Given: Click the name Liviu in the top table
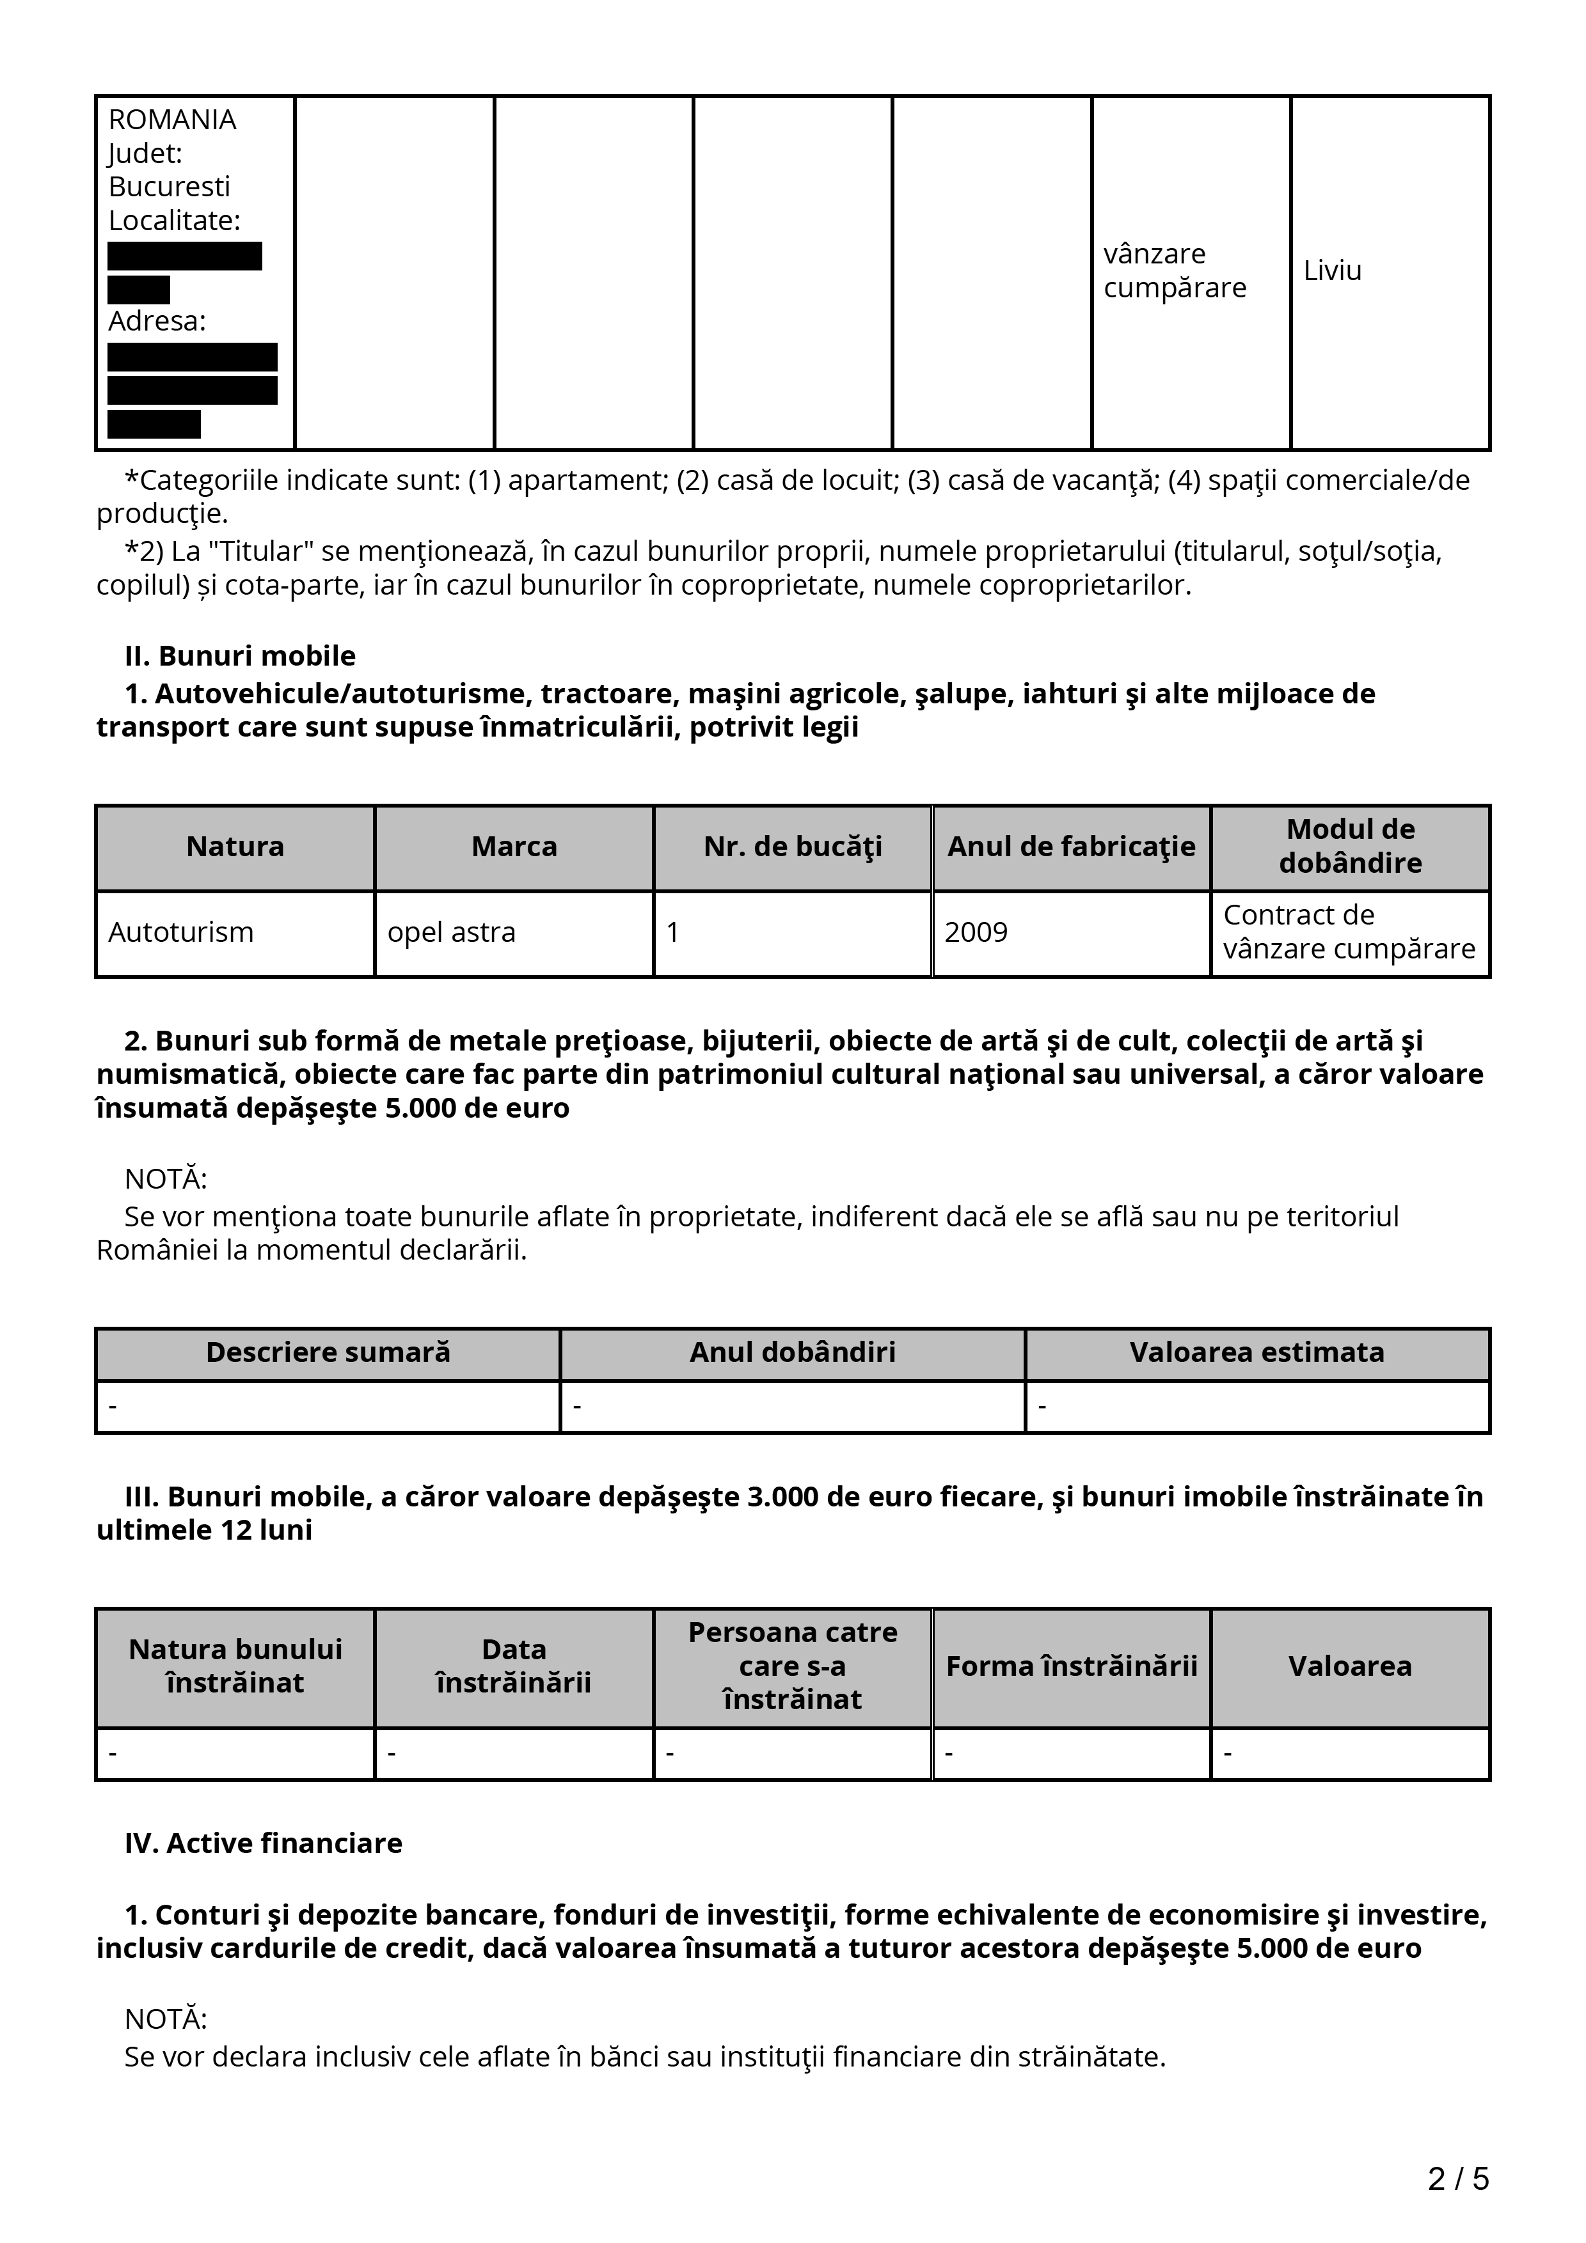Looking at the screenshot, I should point(1332,270).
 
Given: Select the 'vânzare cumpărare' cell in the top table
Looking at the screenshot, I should point(1175,270).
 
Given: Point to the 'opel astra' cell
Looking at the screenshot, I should point(452,932).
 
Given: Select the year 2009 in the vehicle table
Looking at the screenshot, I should point(975,932).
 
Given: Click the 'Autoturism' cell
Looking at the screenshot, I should point(181,932).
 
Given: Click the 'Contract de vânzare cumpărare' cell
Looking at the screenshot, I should point(1349,932).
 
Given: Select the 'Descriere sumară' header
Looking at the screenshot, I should point(328,1352).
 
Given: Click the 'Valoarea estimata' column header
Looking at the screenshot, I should point(1257,1352).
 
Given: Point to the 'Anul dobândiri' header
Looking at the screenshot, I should point(793,1352).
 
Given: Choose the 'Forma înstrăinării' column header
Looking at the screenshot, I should point(1071,1666).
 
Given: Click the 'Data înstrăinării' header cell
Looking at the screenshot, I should point(514,1666).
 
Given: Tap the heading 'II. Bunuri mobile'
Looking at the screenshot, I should point(241,655).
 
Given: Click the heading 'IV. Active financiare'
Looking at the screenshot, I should point(264,1843).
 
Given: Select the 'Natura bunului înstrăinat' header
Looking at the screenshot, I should point(235,1666).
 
